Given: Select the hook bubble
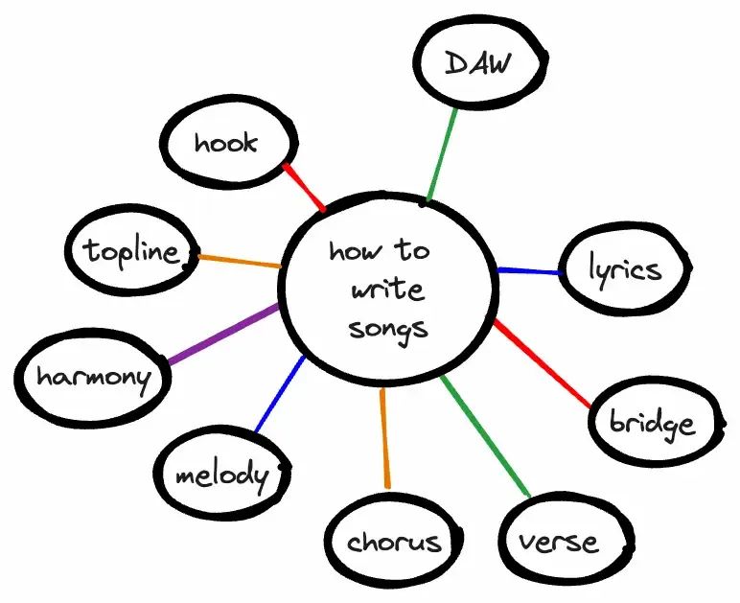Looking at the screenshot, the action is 225,143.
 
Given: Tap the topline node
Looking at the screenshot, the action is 131,252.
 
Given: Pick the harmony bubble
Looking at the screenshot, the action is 93,376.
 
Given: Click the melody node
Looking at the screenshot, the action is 221,475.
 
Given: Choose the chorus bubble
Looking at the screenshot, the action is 394,542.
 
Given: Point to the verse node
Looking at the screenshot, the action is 559,542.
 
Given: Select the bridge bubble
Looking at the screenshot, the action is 653,422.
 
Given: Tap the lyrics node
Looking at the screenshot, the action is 625,269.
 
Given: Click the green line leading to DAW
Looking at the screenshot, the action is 443,153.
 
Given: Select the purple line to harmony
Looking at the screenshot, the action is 223,335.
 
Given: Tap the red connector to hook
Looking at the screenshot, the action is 305,188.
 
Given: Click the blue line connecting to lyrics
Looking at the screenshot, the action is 528,272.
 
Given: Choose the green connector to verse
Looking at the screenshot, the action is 485,436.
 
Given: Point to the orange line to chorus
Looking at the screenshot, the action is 384,437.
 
